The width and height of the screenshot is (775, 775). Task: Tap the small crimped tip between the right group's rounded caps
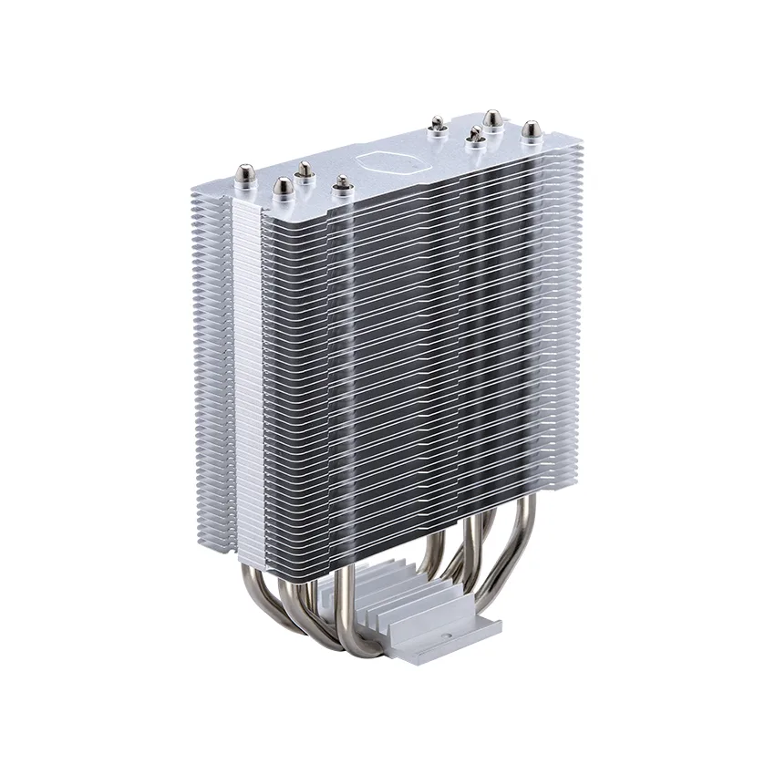point(474,136)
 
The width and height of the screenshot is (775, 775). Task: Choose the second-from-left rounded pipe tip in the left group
point(284,188)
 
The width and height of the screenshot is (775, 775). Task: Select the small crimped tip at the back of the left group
point(304,170)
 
